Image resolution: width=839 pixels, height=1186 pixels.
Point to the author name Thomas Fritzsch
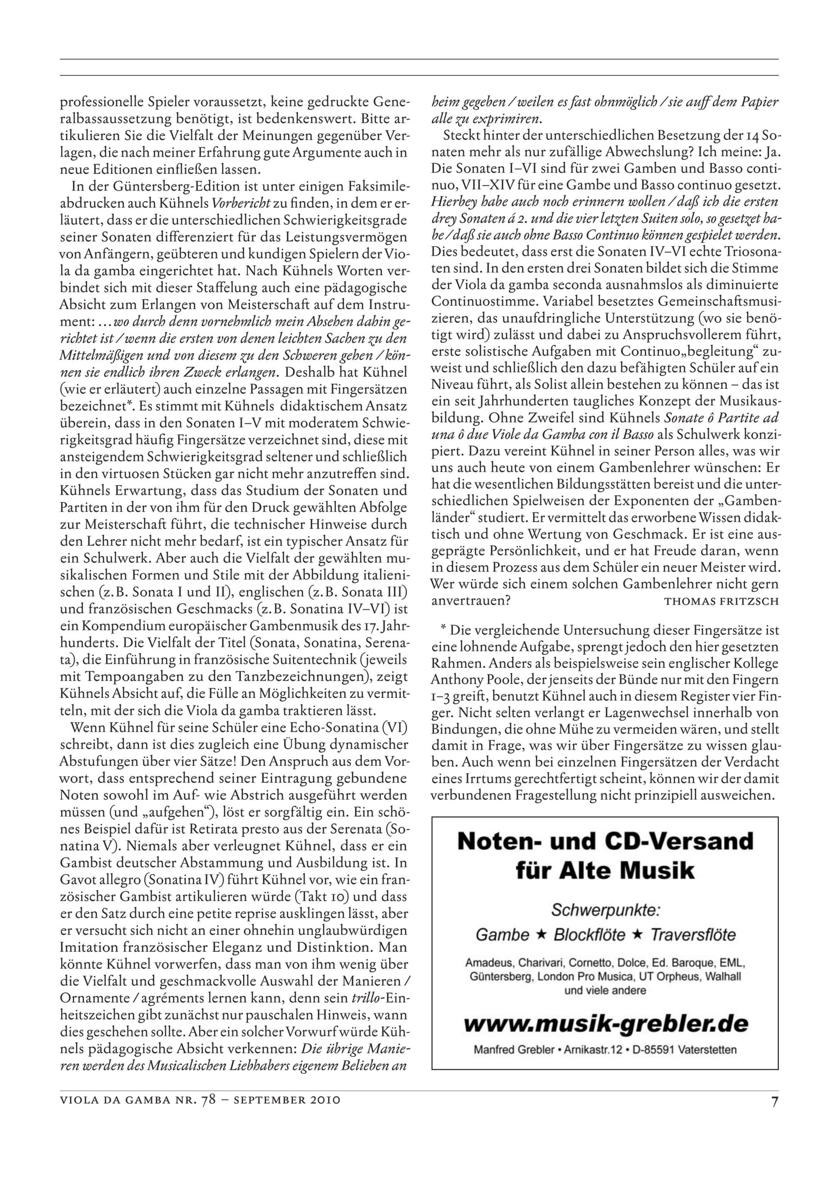coord(721,601)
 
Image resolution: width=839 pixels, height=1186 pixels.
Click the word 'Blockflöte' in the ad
coord(589,934)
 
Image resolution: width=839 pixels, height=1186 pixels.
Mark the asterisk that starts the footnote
coord(443,630)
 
